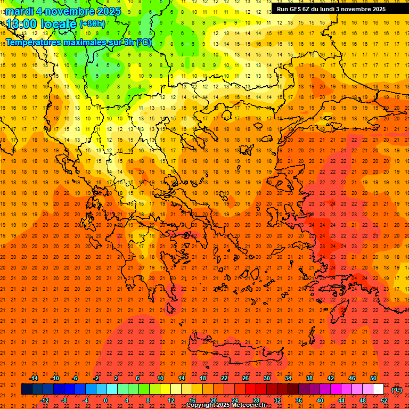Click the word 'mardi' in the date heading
(20, 11)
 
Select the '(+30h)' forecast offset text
(92, 23)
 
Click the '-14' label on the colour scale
(34, 378)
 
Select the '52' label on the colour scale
(384, 400)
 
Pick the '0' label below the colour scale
(105, 400)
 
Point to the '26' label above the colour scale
(246, 378)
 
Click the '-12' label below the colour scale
(44, 400)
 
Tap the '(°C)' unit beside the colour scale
(397, 390)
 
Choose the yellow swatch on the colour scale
(165, 389)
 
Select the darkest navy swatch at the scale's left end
(27, 389)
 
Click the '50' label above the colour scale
(373, 378)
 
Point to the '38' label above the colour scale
(309, 378)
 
